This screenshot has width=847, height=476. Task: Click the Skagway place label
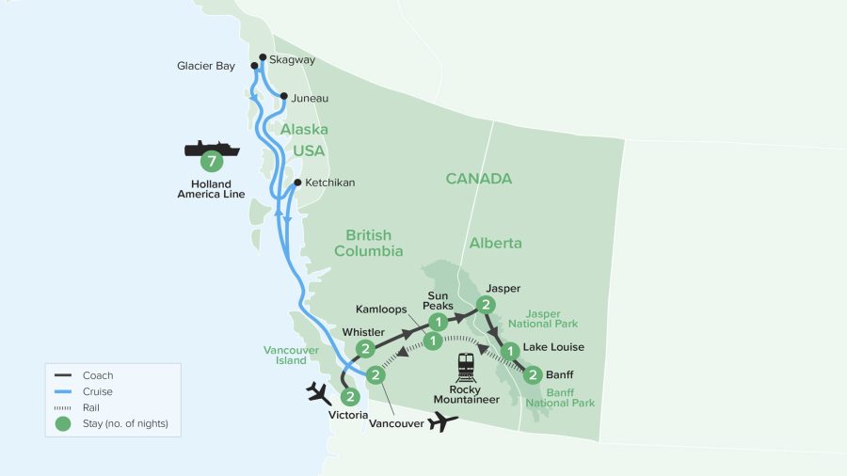click(292, 59)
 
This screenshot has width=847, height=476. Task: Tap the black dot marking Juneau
click(283, 96)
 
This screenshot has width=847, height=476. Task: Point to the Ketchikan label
click(330, 182)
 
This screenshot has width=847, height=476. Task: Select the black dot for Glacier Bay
click(254, 66)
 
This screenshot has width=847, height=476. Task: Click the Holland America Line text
click(212, 189)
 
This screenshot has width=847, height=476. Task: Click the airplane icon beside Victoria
click(318, 392)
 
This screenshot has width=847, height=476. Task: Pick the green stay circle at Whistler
click(366, 349)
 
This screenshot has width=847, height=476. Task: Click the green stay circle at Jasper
click(485, 304)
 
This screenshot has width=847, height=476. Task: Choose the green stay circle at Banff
click(532, 375)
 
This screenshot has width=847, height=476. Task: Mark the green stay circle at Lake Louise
click(509, 352)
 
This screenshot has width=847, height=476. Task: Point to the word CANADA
click(478, 179)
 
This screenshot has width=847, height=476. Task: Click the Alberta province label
click(496, 244)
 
